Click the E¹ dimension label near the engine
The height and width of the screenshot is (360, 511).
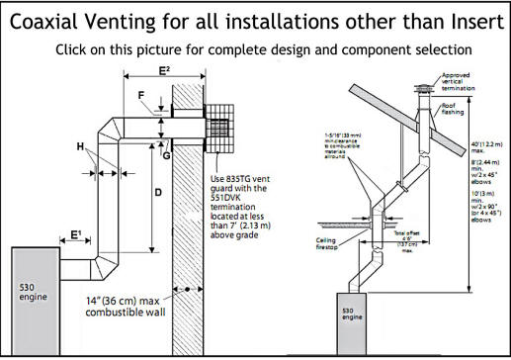(x=76, y=236)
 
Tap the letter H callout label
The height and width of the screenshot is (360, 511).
(x=80, y=146)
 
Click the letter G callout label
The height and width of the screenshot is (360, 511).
(x=167, y=154)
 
